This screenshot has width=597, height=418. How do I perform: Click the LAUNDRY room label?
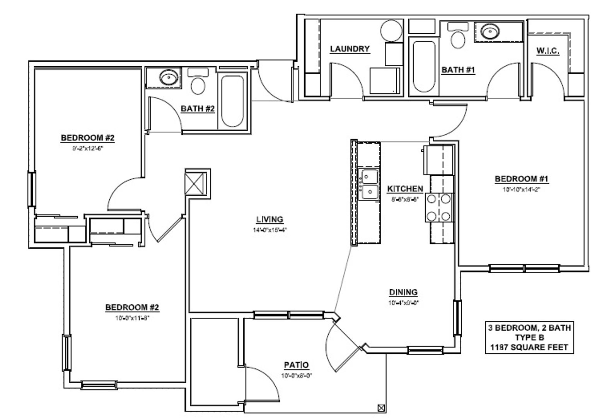click(x=350, y=49)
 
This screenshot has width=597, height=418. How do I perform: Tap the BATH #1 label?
click(x=458, y=70)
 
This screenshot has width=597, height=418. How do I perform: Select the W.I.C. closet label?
click(x=548, y=51)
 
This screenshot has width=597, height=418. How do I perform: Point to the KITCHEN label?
click(x=405, y=188)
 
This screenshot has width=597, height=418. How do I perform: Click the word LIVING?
click(x=270, y=219)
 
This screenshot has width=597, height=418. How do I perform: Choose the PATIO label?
click(x=297, y=365)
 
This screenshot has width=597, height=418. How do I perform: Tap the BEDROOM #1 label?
click(x=522, y=179)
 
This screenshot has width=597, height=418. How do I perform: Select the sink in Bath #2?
click(x=169, y=77)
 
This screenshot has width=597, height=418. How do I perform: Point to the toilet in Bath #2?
click(x=198, y=82)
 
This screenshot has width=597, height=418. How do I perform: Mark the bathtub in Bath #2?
click(x=232, y=101)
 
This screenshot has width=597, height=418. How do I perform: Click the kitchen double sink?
click(x=369, y=184)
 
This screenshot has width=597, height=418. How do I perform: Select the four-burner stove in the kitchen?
click(x=438, y=207)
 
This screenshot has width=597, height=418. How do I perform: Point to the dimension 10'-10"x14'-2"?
click(x=522, y=190)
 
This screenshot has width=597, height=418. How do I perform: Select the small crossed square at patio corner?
click(x=381, y=408)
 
